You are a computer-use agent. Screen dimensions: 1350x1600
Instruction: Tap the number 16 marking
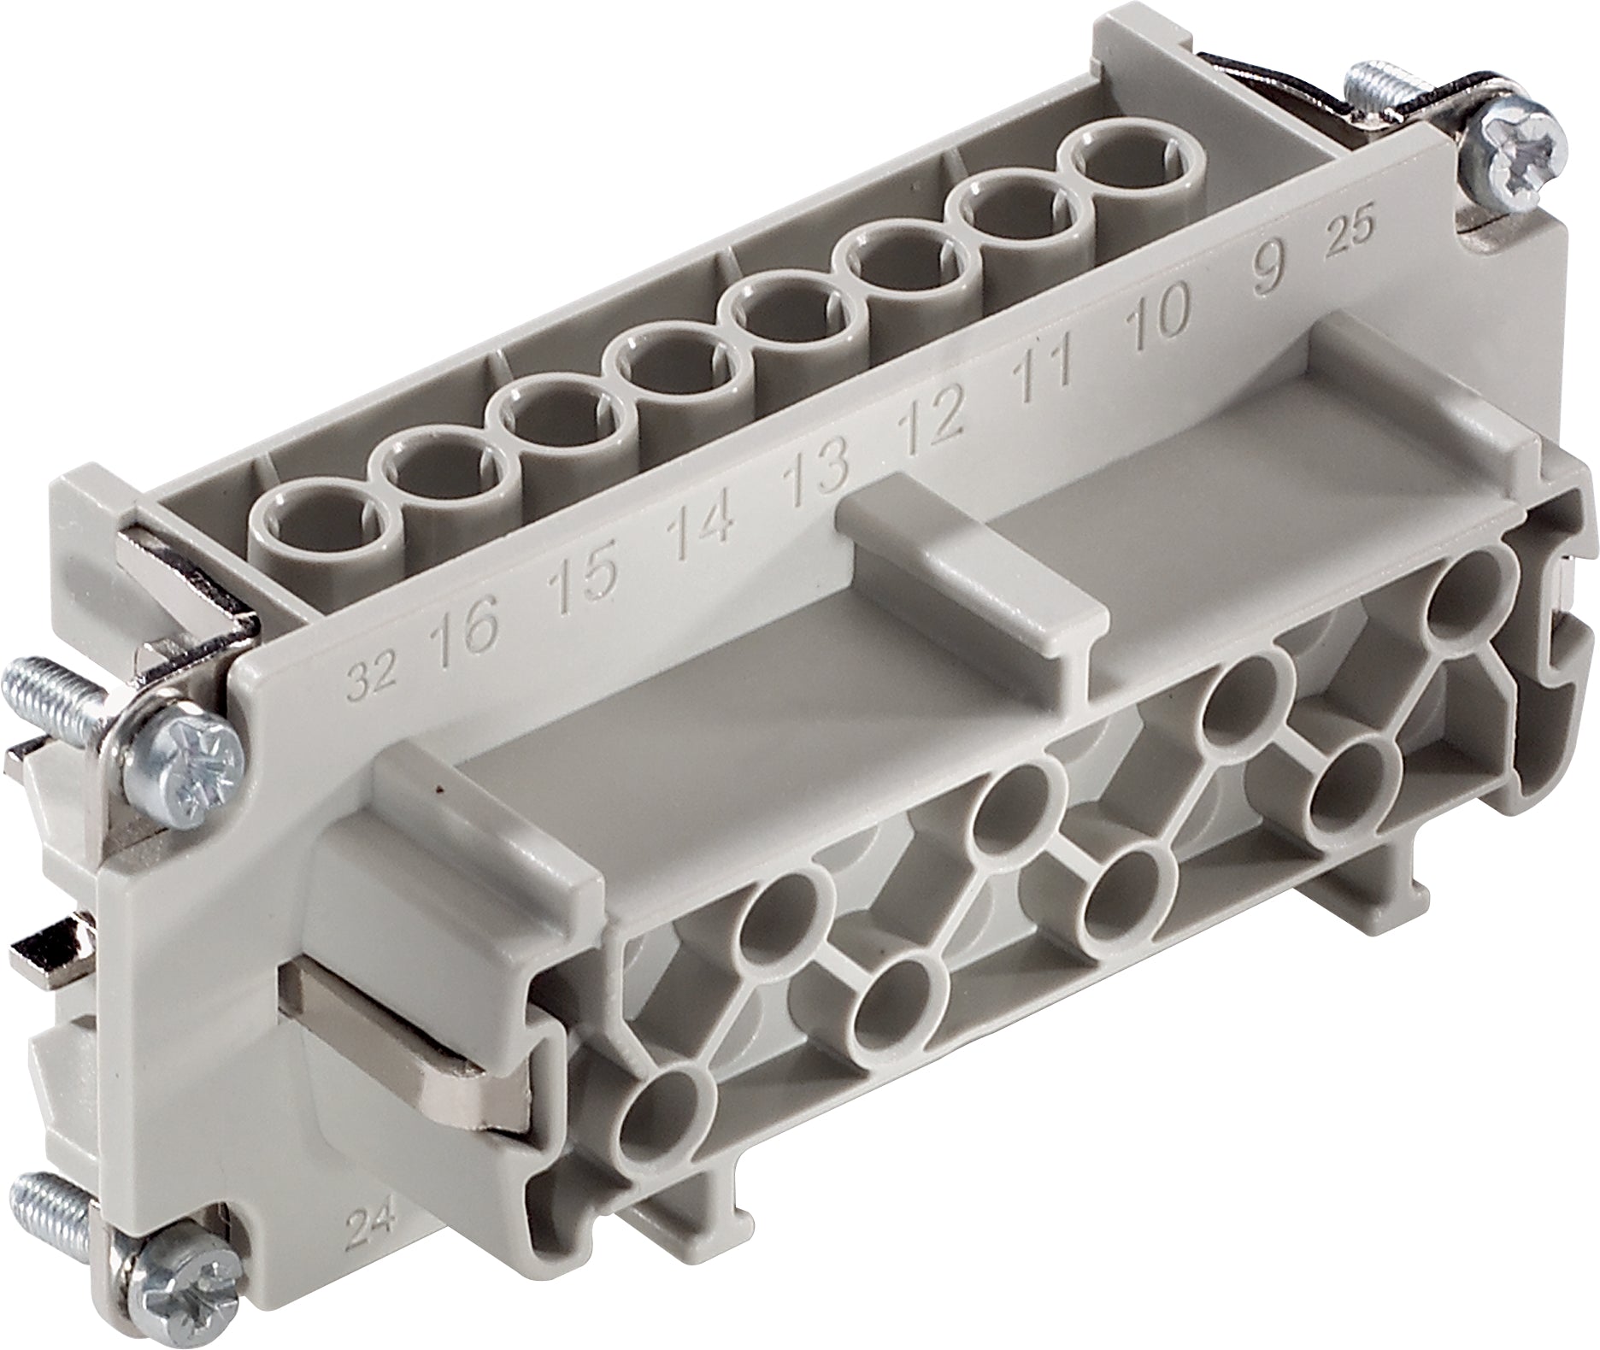463,631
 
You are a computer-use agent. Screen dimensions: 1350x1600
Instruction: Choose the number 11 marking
1044,369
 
